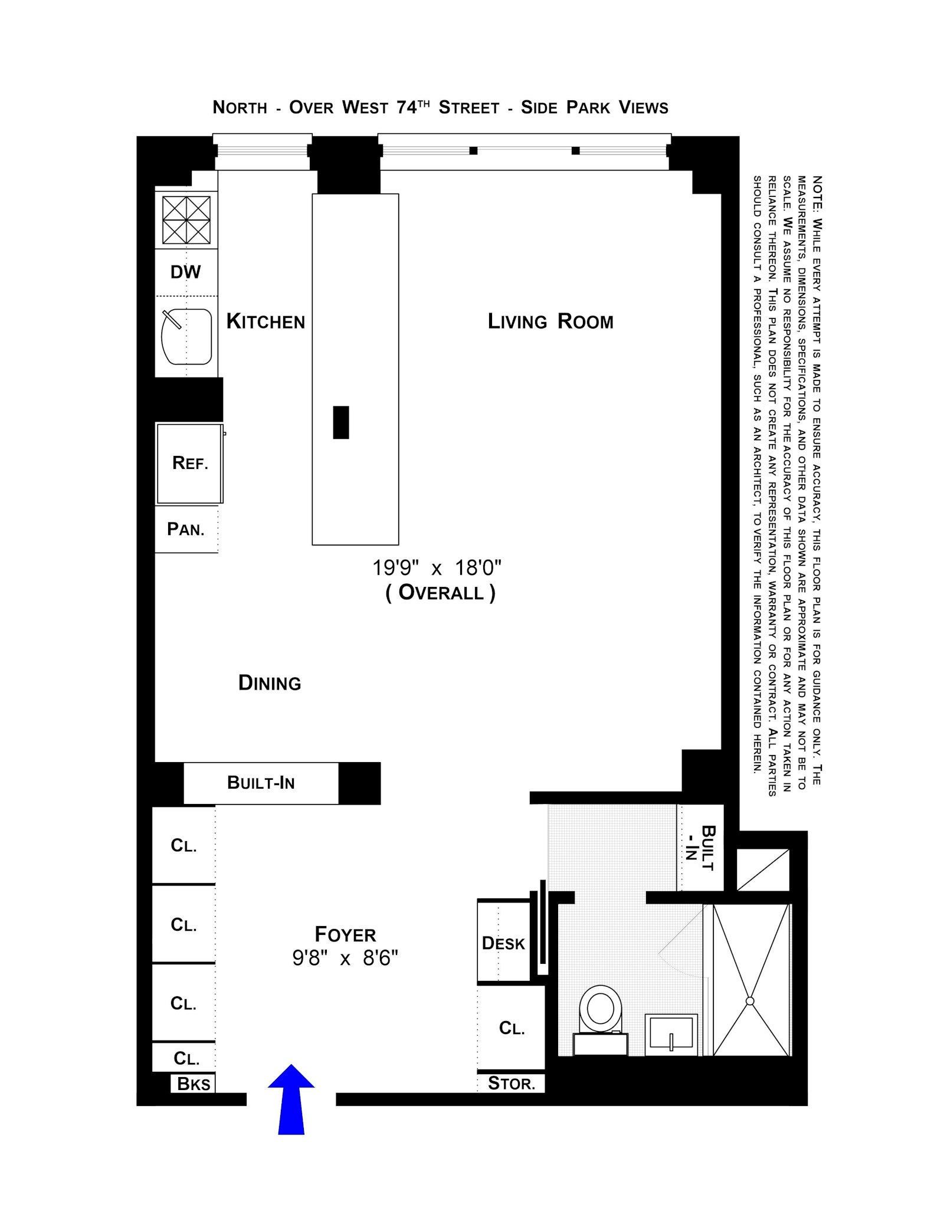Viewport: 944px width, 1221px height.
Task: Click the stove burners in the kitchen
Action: click(186, 220)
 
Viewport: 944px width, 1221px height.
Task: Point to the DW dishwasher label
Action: click(185, 272)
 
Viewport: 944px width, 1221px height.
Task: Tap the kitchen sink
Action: click(186, 337)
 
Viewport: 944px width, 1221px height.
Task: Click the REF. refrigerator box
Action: click(189, 463)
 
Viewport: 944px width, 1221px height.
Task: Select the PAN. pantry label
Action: click(186, 529)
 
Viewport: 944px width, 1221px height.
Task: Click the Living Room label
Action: click(550, 321)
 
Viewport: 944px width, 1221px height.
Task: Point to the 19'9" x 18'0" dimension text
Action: click(437, 568)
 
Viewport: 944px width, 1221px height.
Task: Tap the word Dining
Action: click(270, 682)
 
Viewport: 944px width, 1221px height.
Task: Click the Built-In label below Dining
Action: click(261, 783)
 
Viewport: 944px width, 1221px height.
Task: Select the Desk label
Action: click(503, 943)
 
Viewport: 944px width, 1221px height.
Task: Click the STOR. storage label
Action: click(511, 1084)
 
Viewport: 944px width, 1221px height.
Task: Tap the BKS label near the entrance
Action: click(194, 1084)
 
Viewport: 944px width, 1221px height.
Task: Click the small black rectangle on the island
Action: click(340, 422)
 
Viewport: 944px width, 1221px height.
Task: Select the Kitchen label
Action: click(265, 321)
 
